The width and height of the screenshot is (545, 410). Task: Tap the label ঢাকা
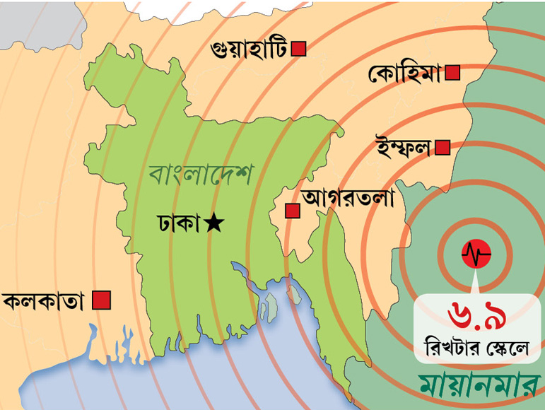coord(179,223)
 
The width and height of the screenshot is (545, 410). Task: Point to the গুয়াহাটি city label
coord(249,49)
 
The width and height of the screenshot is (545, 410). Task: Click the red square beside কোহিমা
coord(453,72)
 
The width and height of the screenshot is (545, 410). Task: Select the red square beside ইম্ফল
coord(443,147)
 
